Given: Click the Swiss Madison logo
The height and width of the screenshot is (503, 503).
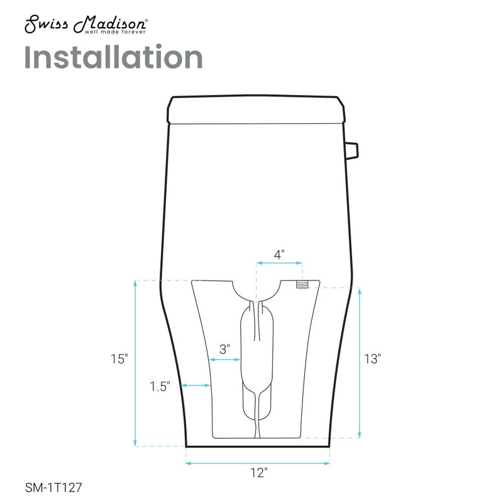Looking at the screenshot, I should point(86,26).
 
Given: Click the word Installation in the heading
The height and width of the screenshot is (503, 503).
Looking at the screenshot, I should point(113,57).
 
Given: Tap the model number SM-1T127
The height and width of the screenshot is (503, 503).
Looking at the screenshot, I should point(53,487).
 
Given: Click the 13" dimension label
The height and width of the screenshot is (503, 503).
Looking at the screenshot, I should point(373,359).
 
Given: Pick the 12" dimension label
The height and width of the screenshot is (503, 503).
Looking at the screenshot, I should point(257,473).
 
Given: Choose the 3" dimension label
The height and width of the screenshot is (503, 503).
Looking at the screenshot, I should point(224,348).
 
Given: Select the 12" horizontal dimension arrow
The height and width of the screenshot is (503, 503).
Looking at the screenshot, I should point(258,463).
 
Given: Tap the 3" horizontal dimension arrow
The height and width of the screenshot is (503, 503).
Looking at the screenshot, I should point(224,360).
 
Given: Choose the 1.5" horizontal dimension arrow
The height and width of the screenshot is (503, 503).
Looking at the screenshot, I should point(196,385).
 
